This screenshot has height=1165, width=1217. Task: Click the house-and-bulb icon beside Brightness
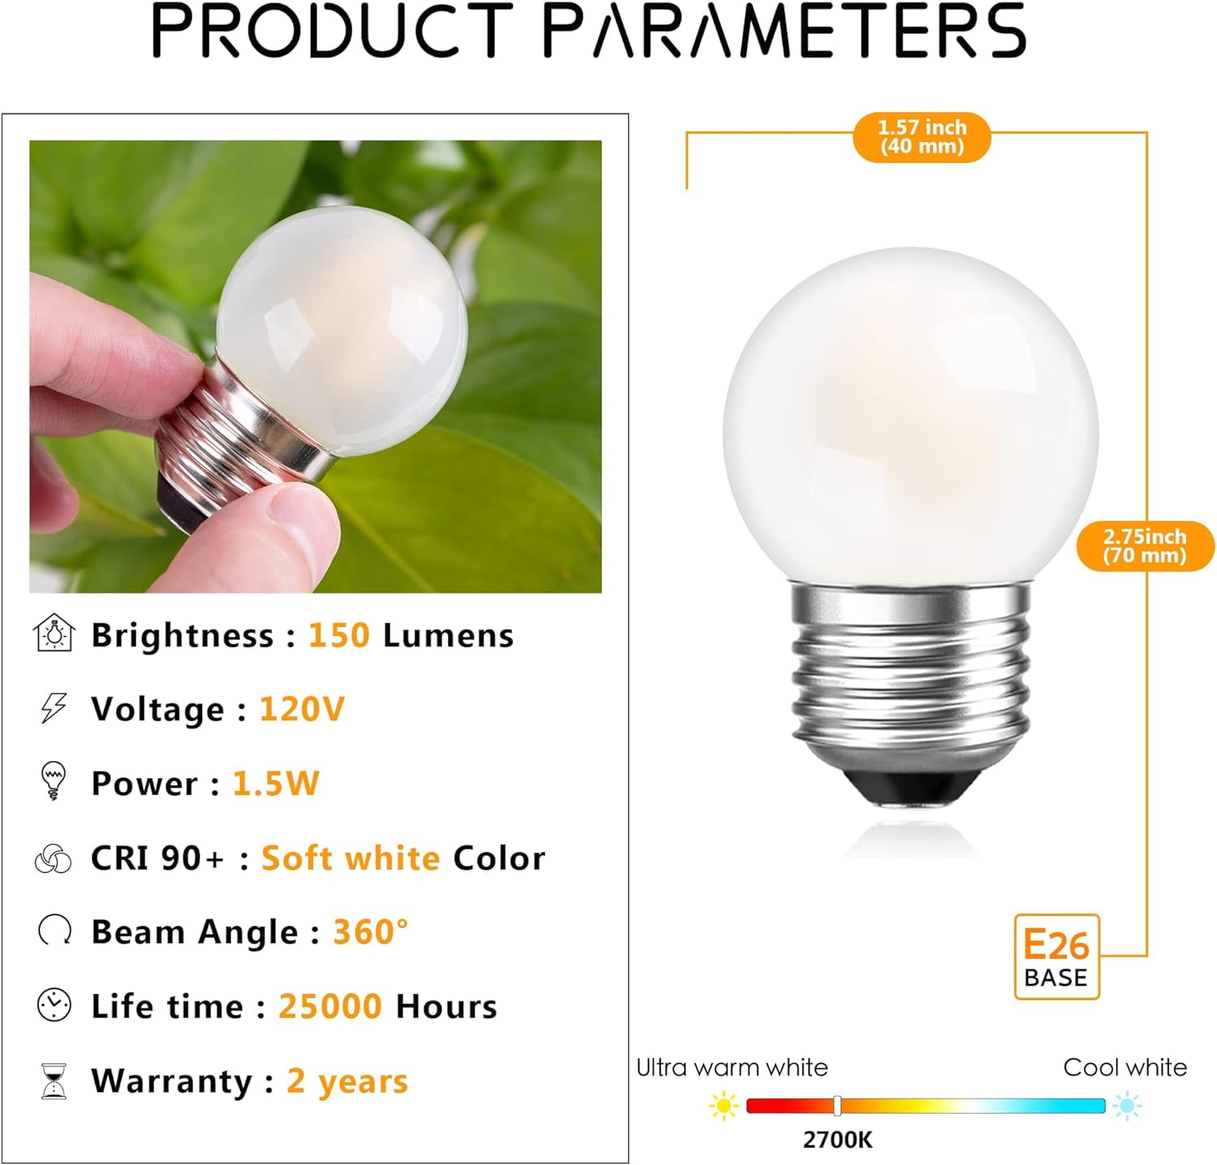tap(54, 634)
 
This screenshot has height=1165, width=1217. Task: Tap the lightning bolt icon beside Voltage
tap(54, 707)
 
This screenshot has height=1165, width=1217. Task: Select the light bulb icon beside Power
tap(54, 780)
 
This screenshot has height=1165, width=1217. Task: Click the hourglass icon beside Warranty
tap(54, 1081)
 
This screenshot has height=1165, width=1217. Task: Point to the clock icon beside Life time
tap(54, 1005)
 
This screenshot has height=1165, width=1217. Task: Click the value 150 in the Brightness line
tap(338, 635)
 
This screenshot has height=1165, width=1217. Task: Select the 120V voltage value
tap(302, 709)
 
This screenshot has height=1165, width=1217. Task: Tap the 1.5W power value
tap(276, 784)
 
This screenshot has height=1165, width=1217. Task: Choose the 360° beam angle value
tap(370, 932)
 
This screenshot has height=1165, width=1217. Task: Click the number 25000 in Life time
tap(330, 1007)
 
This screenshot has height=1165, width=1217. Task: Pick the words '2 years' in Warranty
tap(347, 1081)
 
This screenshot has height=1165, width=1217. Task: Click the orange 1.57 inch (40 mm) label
tap(922, 137)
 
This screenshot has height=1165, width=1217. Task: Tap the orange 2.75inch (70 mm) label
tap(1145, 546)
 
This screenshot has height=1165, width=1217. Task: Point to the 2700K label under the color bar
tap(837, 1140)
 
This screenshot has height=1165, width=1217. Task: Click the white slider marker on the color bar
tap(837, 1105)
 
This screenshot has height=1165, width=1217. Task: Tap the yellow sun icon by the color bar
tap(722, 1106)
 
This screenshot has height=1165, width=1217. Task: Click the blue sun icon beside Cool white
tap(1127, 1106)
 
